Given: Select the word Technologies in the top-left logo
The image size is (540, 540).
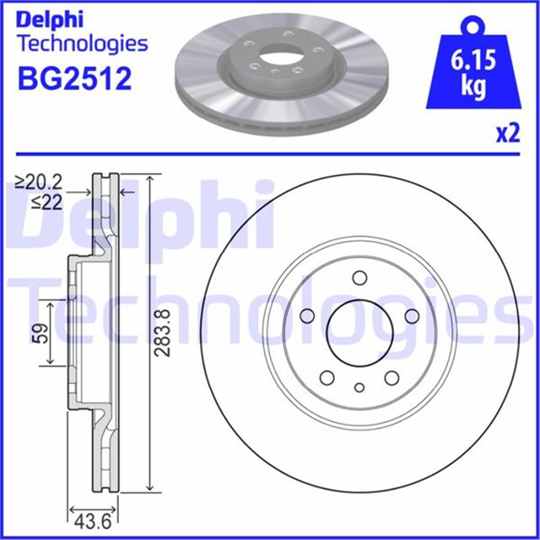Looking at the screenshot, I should tap(82, 44).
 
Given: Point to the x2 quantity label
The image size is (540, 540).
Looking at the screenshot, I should tap(508, 134).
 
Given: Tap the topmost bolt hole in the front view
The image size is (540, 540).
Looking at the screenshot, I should tap(359, 278).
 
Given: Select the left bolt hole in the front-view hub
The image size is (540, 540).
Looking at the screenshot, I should tap(307, 316).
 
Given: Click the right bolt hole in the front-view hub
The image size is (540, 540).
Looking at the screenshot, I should tap(412, 316).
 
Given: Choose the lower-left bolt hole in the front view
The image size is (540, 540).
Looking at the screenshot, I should tap(327, 377).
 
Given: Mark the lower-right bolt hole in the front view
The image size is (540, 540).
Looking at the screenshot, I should tap(392, 377).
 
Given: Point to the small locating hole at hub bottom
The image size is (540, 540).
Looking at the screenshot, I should tap(359, 387).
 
